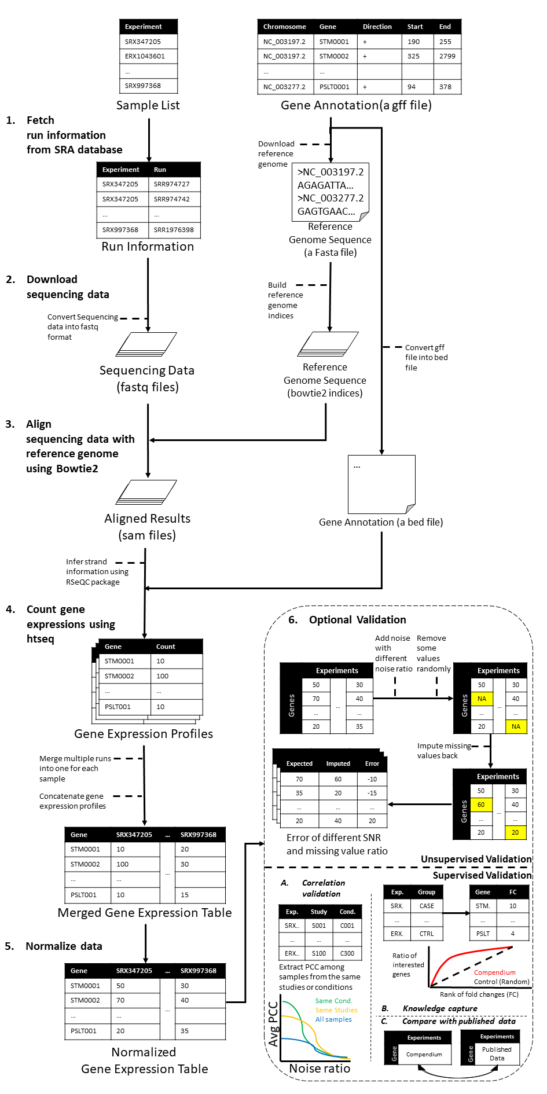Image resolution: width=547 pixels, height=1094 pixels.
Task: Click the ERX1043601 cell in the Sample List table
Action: (x=145, y=56)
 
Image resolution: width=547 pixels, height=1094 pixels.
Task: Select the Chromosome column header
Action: (x=284, y=27)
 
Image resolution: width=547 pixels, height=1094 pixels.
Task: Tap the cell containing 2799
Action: (x=447, y=56)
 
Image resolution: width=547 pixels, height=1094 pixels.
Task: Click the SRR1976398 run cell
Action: (x=174, y=230)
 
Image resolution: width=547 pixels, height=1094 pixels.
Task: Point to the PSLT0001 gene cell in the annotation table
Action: (x=335, y=87)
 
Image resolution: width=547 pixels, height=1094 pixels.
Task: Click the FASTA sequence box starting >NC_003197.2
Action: (x=330, y=192)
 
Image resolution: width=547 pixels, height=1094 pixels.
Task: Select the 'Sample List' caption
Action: (x=148, y=105)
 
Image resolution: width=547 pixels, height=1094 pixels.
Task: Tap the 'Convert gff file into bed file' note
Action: (x=426, y=357)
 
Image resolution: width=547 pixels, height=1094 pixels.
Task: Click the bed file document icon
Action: (x=381, y=484)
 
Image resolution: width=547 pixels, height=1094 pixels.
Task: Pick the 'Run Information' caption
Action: (x=148, y=247)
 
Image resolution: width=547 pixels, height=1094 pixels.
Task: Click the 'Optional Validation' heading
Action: (x=357, y=620)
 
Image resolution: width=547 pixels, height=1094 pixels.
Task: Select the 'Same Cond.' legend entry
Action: (x=333, y=1001)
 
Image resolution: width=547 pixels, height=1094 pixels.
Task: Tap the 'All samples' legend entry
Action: (x=333, y=1019)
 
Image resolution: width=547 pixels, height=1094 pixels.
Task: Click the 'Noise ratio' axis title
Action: (x=320, y=1069)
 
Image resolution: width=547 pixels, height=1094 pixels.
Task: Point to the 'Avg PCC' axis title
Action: (x=273, y=1023)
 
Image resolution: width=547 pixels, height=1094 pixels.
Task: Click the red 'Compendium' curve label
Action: (x=494, y=972)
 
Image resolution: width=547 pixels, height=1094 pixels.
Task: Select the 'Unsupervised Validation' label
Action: (x=476, y=859)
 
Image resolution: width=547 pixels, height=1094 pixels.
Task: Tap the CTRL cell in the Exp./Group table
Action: (x=426, y=934)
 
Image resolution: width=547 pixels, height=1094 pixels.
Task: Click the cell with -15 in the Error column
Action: (x=372, y=793)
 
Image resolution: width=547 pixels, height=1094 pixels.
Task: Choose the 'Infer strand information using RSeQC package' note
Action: (x=97, y=572)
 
